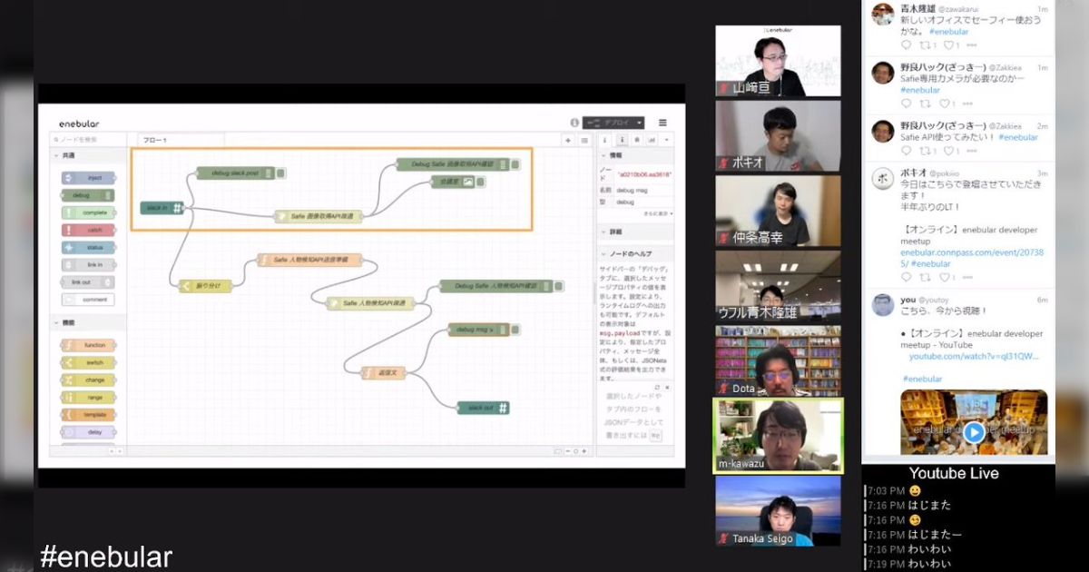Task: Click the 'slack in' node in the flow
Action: coord(162,208)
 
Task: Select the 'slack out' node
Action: coord(483,408)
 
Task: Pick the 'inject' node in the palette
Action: coord(89,178)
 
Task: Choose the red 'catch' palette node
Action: coord(89,230)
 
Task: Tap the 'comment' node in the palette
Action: coord(89,299)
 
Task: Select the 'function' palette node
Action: coord(89,345)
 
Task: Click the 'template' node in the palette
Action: coord(89,414)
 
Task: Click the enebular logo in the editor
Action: coord(79,123)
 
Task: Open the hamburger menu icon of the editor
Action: coord(662,123)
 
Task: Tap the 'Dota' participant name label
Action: coord(742,389)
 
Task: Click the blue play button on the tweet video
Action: coord(974,432)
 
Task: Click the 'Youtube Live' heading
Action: coord(954,473)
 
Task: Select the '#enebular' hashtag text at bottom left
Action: coord(106,557)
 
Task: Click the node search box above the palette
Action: coord(87,140)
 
